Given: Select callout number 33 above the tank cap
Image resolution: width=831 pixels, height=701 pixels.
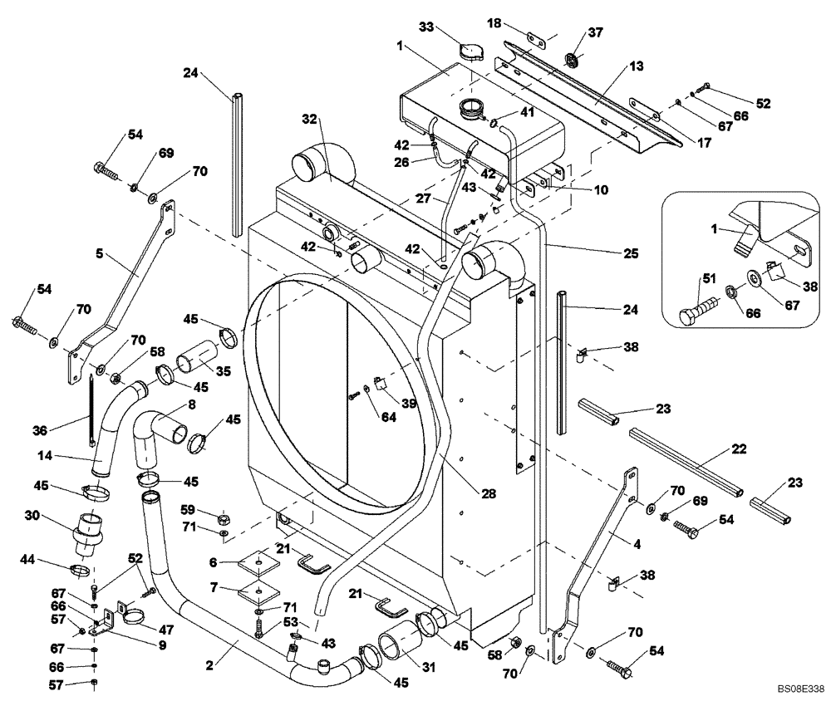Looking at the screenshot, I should tap(426, 27).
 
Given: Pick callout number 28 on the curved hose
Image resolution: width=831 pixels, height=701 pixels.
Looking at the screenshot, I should tap(488, 493).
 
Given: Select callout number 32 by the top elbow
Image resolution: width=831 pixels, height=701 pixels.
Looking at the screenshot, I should tap(311, 120).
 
